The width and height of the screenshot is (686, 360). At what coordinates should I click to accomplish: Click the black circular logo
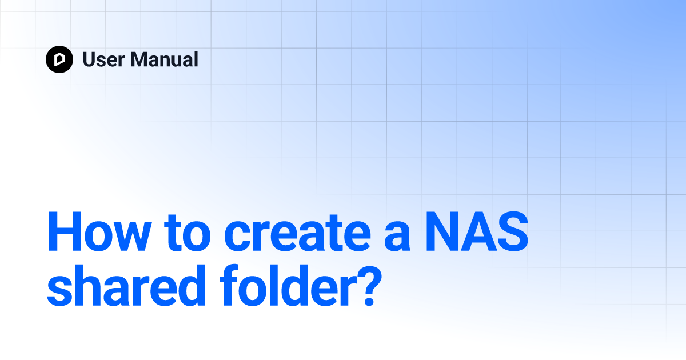click(x=59, y=59)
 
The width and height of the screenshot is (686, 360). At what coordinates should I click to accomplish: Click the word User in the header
click(x=103, y=59)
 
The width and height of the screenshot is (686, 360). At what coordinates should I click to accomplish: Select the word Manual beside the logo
click(x=165, y=59)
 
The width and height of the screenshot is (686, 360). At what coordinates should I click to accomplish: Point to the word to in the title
click(x=187, y=233)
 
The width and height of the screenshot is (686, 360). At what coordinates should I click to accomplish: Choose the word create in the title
click(x=297, y=233)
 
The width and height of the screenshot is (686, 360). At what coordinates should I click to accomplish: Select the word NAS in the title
click(x=477, y=231)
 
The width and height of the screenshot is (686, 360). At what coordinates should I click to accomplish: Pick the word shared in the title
click(x=126, y=285)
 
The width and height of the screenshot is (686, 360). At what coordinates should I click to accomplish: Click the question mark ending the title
click(x=371, y=286)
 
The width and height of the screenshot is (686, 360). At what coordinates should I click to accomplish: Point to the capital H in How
click(x=65, y=231)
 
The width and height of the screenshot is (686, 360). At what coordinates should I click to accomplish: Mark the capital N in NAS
click(x=443, y=231)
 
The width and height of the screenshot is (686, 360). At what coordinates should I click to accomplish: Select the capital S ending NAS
click(x=512, y=231)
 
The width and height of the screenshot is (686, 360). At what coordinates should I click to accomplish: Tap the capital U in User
click(x=89, y=59)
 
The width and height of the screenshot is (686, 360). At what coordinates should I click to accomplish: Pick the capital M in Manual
click(x=139, y=59)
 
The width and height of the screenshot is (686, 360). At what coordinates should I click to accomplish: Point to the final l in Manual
click(x=196, y=59)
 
